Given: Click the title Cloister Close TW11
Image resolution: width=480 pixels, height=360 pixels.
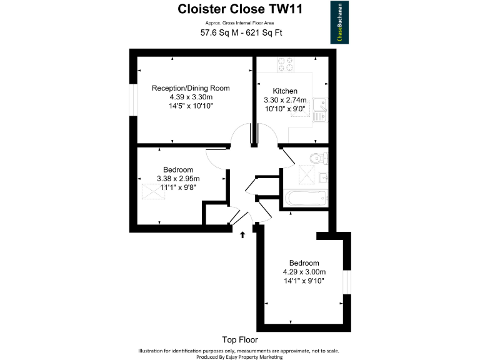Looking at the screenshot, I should point(239,9).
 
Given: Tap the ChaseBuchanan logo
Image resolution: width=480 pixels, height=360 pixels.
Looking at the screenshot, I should point(340,22).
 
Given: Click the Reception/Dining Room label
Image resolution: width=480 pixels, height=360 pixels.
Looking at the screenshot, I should point(191,88).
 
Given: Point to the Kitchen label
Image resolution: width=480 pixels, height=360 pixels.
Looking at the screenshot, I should point(285,91).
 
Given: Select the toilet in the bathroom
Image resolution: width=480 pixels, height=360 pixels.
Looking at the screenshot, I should point(321,157).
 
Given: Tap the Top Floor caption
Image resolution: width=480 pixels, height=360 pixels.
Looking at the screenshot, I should point(239,340).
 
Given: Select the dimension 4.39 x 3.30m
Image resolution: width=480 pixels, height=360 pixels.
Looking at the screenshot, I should point(191,97).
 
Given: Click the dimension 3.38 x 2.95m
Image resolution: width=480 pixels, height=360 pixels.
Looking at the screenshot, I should point(178,179).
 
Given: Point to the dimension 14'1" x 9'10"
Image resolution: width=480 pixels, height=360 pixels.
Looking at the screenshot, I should point(304,281).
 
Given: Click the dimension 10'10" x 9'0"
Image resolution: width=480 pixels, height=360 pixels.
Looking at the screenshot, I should point(285,109).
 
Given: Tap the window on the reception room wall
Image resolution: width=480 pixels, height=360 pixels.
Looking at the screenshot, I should point(132,99).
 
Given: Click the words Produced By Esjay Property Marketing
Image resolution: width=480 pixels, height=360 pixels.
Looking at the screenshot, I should point(239,357).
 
